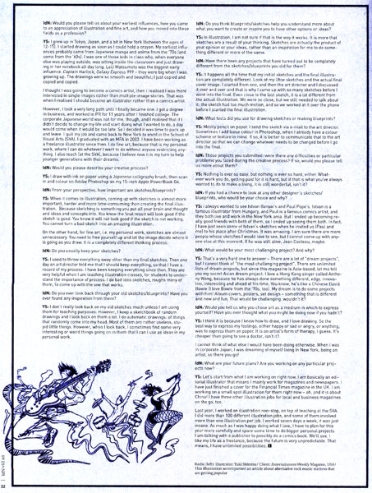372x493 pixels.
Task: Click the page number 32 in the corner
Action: (x=7, y=486)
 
